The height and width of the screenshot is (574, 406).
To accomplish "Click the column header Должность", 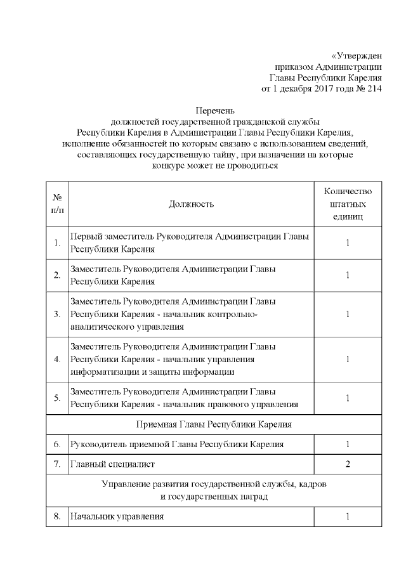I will pyautogui.click(x=191, y=204).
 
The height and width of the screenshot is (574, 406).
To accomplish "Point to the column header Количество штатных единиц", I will pyautogui.click(x=348, y=204).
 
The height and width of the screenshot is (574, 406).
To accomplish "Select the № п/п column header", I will pyautogui.click(x=57, y=204).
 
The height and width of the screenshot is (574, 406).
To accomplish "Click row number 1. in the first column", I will pyautogui.click(x=57, y=243).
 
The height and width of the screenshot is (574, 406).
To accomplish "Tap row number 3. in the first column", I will pyautogui.click(x=57, y=314).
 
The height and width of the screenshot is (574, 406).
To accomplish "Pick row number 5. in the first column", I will pyautogui.click(x=57, y=398).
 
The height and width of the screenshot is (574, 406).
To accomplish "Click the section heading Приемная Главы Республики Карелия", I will pyautogui.click(x=214, y=424).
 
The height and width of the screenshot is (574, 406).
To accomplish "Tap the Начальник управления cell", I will pyautogui.click(x=117, y=517).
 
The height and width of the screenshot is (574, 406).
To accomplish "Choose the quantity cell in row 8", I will pyautogui.click(x=348, y=517).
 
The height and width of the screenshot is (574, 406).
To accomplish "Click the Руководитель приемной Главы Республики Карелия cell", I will pyautogui.click(x=177, y=444).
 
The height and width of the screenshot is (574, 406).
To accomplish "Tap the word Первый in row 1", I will pyautogui.click(x=85, y=237).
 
